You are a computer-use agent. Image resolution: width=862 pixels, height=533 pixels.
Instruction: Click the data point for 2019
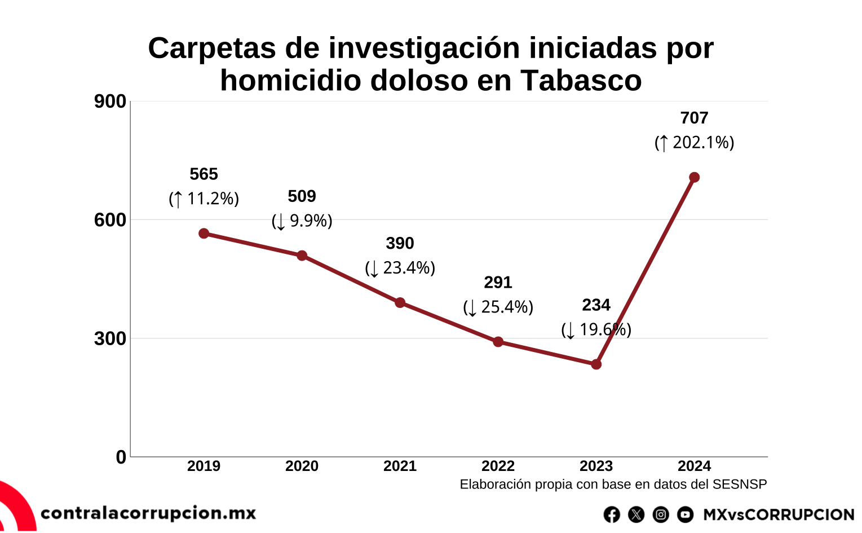coord(204,234)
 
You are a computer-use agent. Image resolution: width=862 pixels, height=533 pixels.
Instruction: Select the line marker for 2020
coord(302,256)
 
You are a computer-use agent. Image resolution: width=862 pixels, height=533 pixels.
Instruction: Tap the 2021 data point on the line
coord(400,303)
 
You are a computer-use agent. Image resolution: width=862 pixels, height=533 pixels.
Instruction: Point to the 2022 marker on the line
coord(498,342)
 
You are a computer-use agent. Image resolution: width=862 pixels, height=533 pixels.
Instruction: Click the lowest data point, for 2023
coord(596,364)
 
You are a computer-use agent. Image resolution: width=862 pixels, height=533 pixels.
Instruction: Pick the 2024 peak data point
coord(695,178)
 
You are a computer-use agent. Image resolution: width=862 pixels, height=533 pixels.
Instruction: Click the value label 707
coord(694,118)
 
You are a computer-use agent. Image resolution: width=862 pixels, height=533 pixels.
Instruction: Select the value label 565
coord(204,174)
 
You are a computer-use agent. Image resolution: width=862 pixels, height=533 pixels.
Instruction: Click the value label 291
coord(498,283)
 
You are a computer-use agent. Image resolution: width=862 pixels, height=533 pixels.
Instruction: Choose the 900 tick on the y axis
coord(110,102)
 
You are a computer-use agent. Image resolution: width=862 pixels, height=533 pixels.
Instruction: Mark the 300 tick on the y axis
coord(110,339)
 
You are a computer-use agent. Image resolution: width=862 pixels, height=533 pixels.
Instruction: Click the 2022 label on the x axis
coord(498,466)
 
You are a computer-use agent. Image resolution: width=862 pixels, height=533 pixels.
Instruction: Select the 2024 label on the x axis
coord(694,466)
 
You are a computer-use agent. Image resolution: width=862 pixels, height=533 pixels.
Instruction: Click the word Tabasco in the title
coord(581,81)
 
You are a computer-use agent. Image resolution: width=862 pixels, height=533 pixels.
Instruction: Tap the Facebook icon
coord(612,514)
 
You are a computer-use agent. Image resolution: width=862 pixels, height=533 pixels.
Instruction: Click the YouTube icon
coord(685,514)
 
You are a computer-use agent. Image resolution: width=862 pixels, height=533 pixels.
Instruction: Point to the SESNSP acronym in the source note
coord(740,484)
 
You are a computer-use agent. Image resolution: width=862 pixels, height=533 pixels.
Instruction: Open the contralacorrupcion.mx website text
coord(148,513)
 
